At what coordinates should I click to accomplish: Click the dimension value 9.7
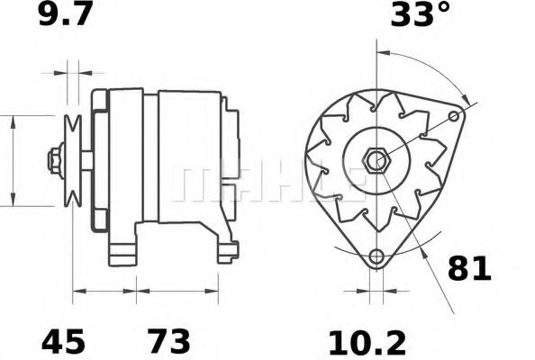(64, 17)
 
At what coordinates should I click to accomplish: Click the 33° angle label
(420, 17)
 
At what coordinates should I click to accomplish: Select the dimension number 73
(168, 342)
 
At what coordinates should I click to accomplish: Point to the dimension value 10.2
(367, 342)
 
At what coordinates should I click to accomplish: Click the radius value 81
(468, 268)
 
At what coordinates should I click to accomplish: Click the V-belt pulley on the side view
(71, 160)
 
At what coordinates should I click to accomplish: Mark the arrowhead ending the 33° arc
(466, 98)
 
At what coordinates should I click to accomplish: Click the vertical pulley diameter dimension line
(14, 160)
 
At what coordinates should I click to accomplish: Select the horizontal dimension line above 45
(104, 291)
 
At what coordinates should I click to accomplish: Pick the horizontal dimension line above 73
(177, 291)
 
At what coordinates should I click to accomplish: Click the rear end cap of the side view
(230, 144)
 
